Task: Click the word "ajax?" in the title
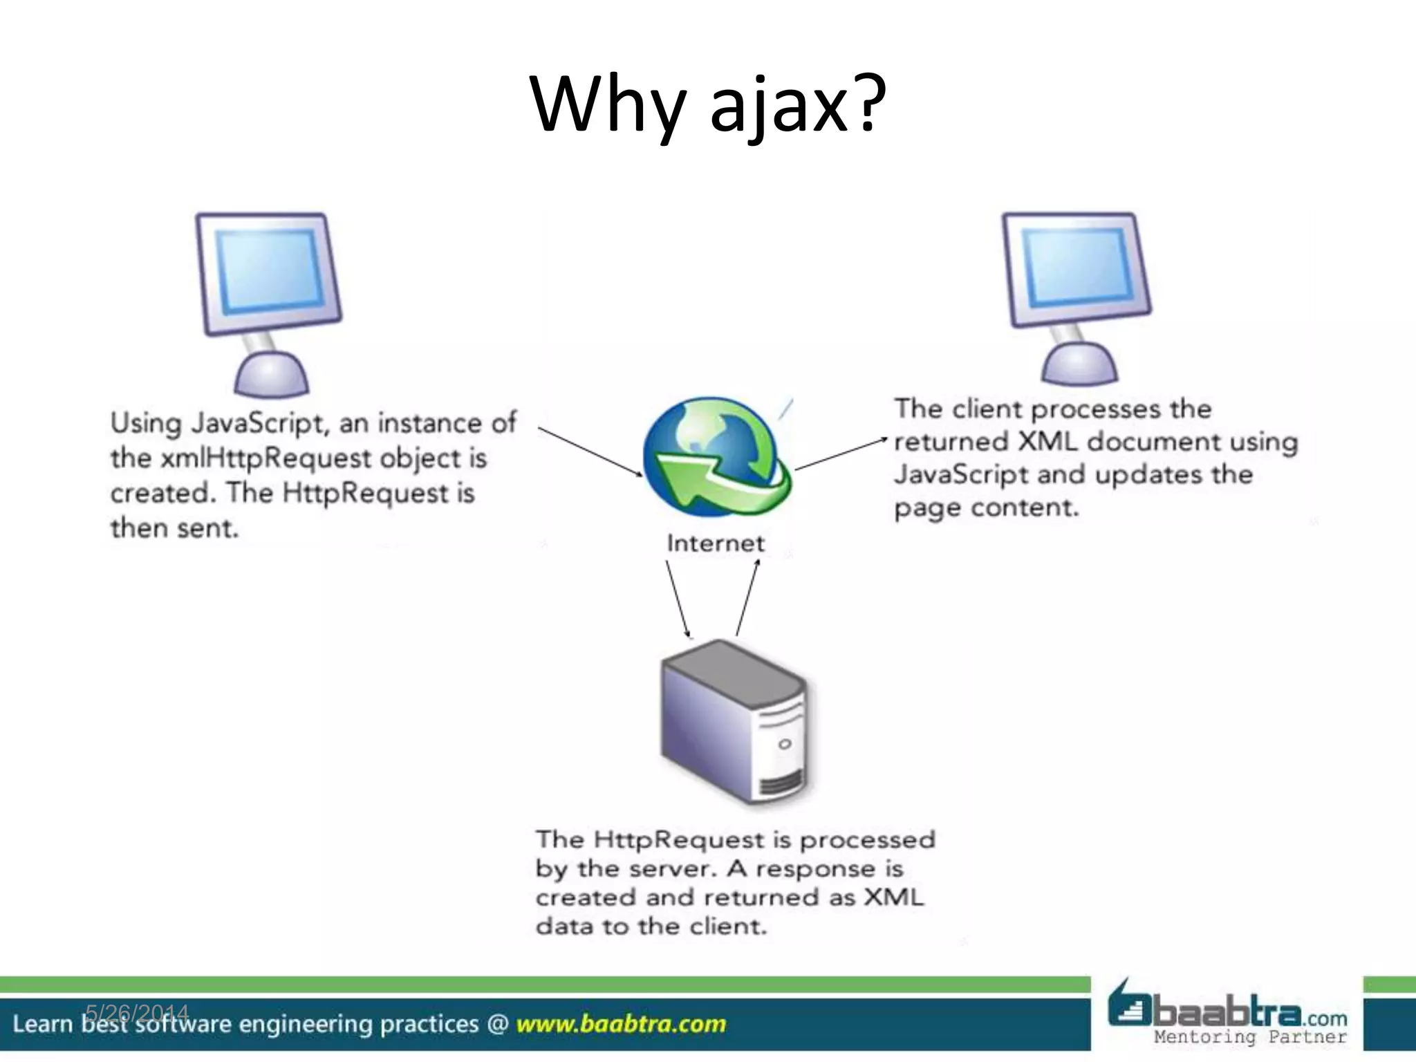pos(797,105)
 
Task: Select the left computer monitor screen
pos(270,270)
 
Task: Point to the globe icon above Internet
pos(716,456)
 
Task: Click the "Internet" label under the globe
pos(716,543)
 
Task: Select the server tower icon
pos(734,723)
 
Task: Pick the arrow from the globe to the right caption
pos(840,454)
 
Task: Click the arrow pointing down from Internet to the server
pos(678,598)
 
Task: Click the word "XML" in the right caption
pos(1048,441)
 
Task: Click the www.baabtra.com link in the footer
pos(621,1024)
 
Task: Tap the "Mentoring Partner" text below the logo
pos(1250,1037)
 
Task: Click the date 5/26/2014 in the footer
pos(137,1014)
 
